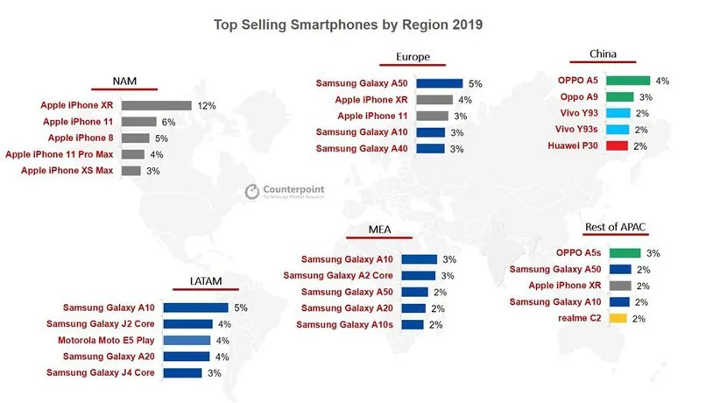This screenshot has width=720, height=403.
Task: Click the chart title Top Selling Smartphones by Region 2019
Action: click(x=348, y=25)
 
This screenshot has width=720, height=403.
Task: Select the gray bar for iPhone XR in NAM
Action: click(x=157, y=105)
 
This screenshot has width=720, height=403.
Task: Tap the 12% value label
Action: click(x=208, y=105)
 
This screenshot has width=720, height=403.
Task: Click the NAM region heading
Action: click(x=124, y=81)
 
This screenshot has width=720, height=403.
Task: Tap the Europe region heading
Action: click(x=413, y=58)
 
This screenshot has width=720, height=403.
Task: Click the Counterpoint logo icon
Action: click(x=251, y=191)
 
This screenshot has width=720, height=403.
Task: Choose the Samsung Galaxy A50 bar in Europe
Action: click(x=440, y=83)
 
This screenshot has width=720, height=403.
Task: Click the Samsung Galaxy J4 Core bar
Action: click(x=183, y=372)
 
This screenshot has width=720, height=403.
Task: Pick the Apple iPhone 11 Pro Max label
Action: click(x=60, y=154)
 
